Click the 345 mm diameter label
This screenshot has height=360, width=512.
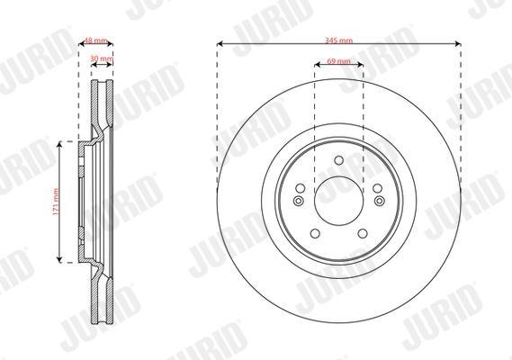click(338, 40)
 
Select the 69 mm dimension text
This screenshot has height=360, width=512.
click(338, 61)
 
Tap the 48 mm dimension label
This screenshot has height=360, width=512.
click(95, 40)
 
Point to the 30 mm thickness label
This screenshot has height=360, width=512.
click(102, 58)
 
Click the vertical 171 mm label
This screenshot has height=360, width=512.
click(56, 202)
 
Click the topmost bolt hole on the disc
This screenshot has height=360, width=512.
click(339, 160)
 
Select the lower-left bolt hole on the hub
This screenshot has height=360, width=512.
click(315, 234)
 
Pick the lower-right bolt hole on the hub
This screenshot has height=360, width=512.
click(363, 234)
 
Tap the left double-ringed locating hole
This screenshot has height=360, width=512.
click(299, 201)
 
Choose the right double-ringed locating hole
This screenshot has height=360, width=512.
click(379, 201)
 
